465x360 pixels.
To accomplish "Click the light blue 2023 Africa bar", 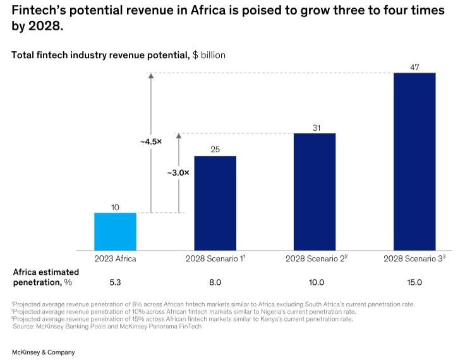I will pyautogui.click(x=115, y=231).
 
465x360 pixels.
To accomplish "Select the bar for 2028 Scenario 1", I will pyautogui.click(x=215, y=203).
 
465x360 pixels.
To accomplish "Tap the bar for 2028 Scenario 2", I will pyautogui.click(x=314, y=191).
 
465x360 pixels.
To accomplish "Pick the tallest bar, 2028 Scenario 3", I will pyautogui.click(x=414, y=162).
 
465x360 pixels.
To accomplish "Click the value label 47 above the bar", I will pyautogui.click(x=414, y=67).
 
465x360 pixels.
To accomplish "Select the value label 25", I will pyautogui.click(x=215, y=150).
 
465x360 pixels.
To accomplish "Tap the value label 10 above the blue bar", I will pyautogui.click(x=115, y=207).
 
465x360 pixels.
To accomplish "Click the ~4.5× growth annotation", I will pyautogui.click(x=151, y=141).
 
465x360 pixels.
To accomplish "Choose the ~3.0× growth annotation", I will pyautogui.click(x=178, y=172).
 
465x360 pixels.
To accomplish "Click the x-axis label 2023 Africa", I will pyautogui.click(x=115, y=258).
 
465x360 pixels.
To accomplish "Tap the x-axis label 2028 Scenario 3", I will pyautogui.click(x=414, y=258).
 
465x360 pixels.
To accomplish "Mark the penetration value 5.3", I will pyautogui.click(x=115, y=282).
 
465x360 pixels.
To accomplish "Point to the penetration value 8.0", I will pyautogui.click(x=215, y=282).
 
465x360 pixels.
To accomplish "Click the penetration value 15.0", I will pyautogui.click(x=414, y=282).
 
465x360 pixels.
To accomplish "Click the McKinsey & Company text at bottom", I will pyautogui.click(x=43, y=352).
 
